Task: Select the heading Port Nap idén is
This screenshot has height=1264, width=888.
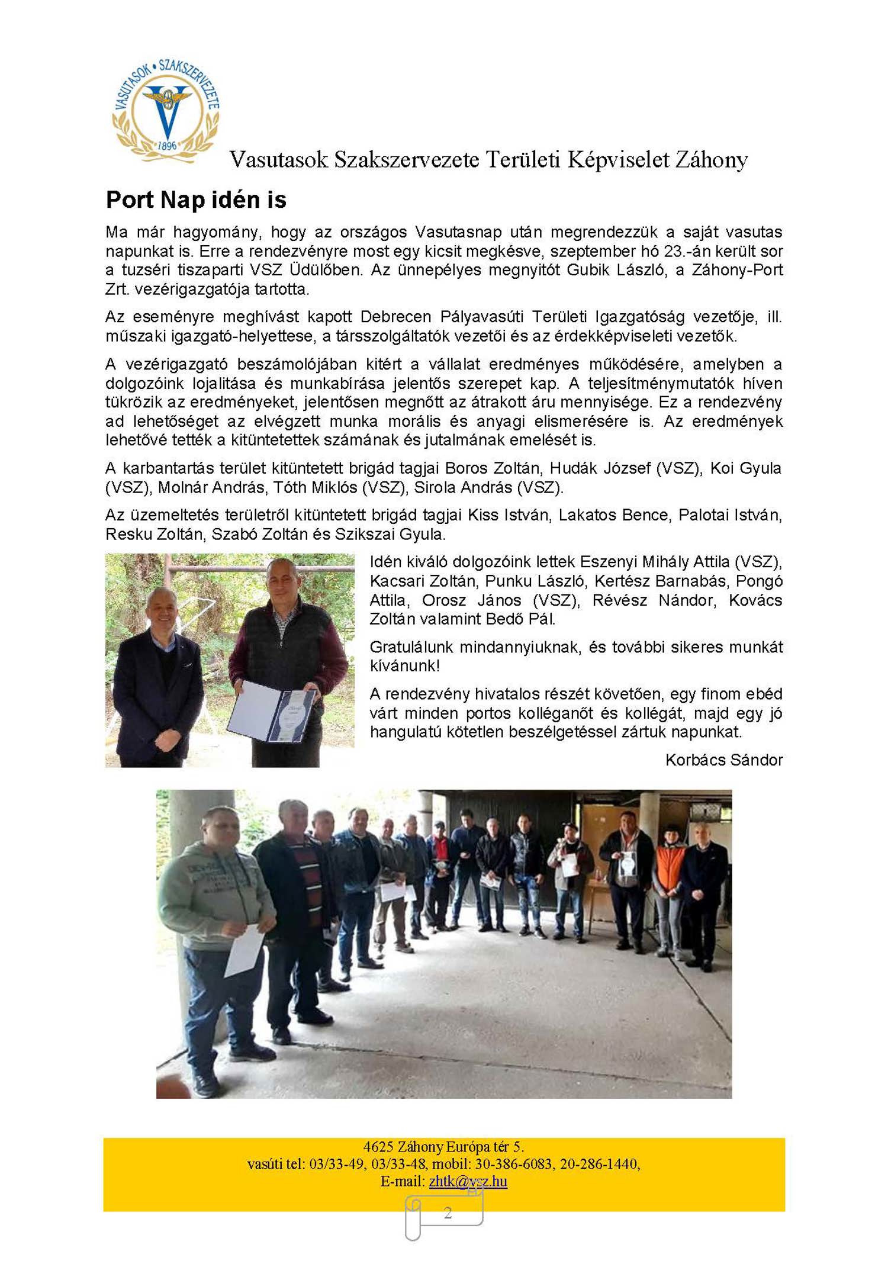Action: pyautogui.click(x=196, y=200)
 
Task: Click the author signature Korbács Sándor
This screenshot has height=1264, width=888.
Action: pyautogui.click(x=723, y=760)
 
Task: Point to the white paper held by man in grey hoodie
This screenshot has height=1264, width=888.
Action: pyautogui.click(x=244, y=949)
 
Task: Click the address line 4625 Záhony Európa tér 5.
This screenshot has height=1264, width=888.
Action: pyautogui.click(x=443, y=1146)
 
